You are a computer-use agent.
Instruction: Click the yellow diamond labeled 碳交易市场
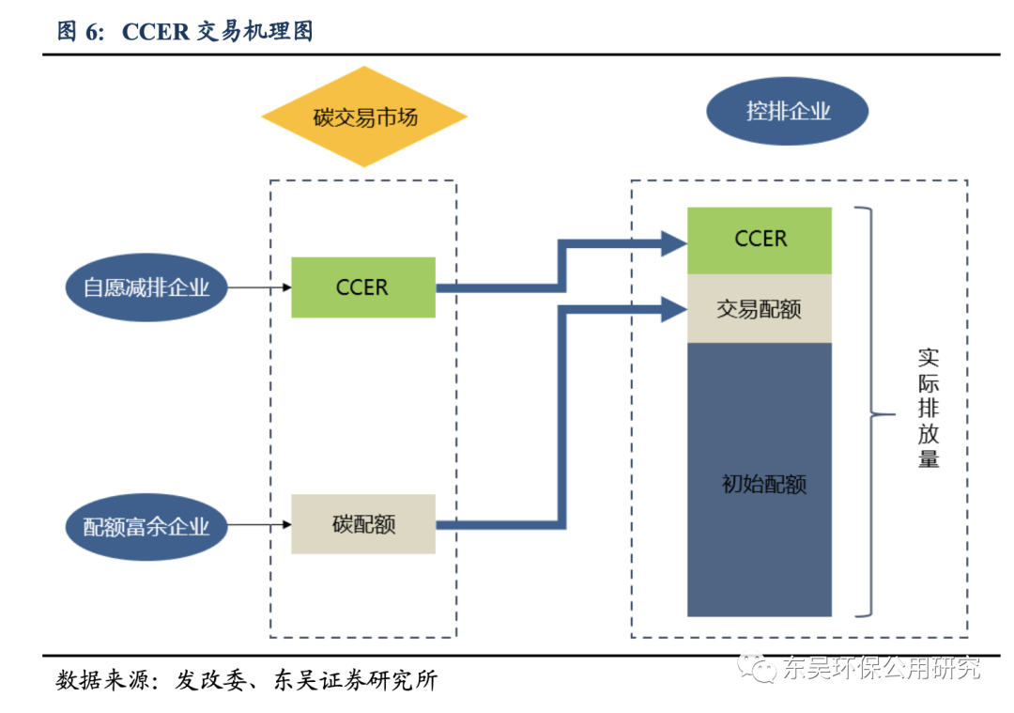pyautogui.click(x=363, y=117)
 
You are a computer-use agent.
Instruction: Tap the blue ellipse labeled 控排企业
pyautogui.click(x=787, y=112)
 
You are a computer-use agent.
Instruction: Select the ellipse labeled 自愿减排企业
pyautogui.click(x=146, y=287)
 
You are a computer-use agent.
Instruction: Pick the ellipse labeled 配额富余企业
pyautogui.click(x=146, y=526)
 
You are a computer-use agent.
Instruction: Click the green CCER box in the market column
pyautogui.click(x=362, y=287)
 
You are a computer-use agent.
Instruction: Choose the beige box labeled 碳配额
pyautogui.click(x=362, y=524)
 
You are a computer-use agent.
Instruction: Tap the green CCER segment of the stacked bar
pyautogui.click(x=760, y=240)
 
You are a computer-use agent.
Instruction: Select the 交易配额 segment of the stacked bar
pyautogui.click(x=760, y=308)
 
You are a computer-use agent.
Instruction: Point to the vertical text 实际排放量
pyautogui.click(x=929, y=409)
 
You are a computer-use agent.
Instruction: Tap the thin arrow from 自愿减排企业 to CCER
pyautogui.click(x=259, y=287)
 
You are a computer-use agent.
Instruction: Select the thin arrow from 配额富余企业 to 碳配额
pyautogui.click(x=259, y=524)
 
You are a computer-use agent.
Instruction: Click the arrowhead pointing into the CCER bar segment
pyautogui.click(x=672, y=243)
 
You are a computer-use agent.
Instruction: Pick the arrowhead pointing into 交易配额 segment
pyautogui.click(x=672, y=308)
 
